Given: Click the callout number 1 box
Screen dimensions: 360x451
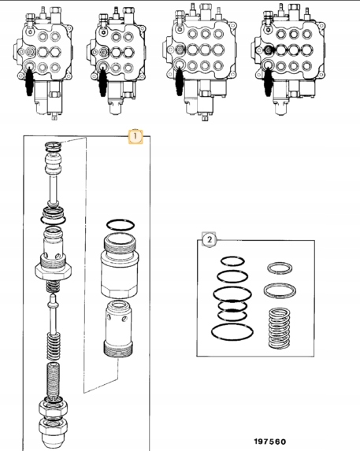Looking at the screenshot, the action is point(135,137).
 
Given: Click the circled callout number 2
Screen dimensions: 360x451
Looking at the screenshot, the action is point(210,239).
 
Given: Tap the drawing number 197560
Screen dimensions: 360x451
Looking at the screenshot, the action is point(270,442).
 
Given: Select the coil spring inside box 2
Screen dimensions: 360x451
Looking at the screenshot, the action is point(279,328).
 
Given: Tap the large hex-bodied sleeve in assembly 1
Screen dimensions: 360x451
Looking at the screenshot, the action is point(120,265).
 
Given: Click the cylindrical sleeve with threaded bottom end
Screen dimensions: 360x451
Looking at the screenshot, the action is point(118,329).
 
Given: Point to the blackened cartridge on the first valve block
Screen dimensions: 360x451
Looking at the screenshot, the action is point(29,81).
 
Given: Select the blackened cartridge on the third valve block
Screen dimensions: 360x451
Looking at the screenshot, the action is point(180,81).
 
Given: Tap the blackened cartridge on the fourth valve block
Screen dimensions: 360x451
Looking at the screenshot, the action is point(268,81).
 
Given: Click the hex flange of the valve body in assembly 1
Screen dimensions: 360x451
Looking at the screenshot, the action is point(54,271).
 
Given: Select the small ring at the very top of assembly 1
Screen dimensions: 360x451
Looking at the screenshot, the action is point(54,146).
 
